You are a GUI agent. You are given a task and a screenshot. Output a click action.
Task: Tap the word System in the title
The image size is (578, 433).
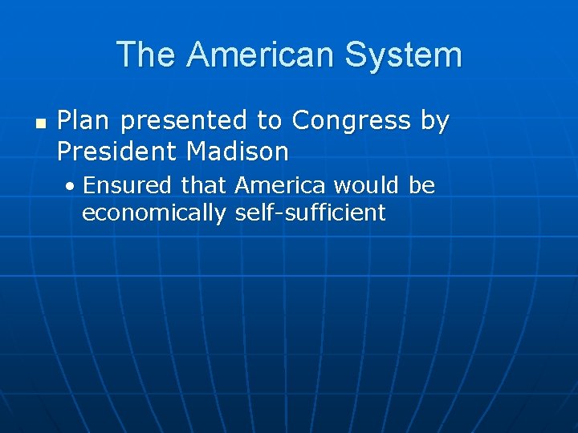(404, 55)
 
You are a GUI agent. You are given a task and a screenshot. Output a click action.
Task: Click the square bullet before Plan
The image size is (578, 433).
(40, 123)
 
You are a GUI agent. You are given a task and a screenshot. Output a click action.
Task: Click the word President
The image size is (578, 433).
(117, 150)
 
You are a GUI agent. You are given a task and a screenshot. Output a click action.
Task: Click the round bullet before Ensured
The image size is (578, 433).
(71, 187)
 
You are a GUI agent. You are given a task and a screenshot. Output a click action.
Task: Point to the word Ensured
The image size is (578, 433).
(127, 186)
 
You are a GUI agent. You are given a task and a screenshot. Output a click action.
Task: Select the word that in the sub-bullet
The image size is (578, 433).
(203, 186)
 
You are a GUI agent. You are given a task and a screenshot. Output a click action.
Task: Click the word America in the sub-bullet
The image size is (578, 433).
(280, 186)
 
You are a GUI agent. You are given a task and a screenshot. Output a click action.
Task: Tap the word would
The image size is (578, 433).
(366, 186)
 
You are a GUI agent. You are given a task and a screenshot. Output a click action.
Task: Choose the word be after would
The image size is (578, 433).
(421, 186)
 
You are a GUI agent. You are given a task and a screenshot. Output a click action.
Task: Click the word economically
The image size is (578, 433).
(154, 213)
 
